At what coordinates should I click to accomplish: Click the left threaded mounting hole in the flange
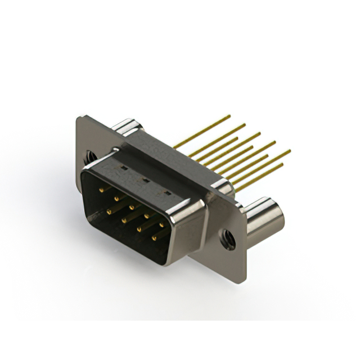[89, 153]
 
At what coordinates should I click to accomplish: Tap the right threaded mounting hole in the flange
[228, 238]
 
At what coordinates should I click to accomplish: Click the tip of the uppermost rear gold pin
[229, 116]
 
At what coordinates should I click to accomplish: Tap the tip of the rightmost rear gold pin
[290, 150]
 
